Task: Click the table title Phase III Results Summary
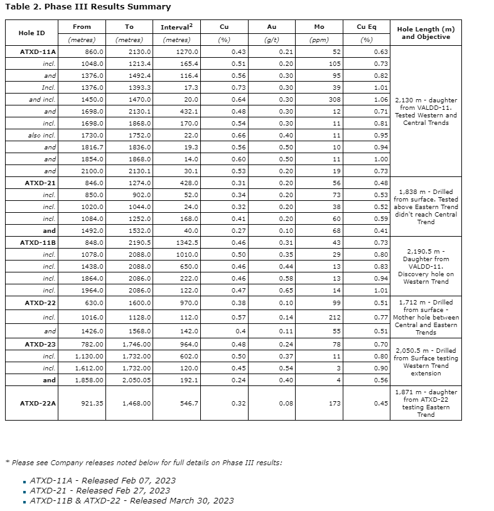[x=88, y=7]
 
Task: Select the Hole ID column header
[x=31, y=33]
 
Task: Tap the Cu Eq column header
[x=366, y=27]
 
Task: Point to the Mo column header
[x=319, y=27]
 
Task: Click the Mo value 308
[x=334, y=99]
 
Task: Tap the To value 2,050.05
[x=138, y=380]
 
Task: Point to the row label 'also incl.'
[x=42, y=135]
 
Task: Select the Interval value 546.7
[x=188, y=403]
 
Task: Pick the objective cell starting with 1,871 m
[x=426, y=403]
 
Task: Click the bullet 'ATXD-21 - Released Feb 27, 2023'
[x=100, y=490]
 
